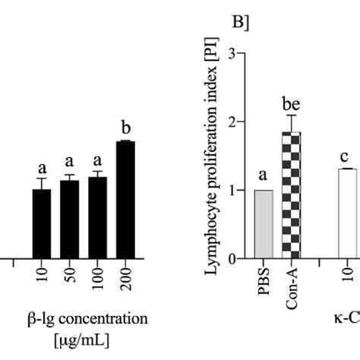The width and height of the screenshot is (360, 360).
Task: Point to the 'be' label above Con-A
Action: point(291,100)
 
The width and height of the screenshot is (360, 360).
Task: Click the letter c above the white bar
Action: point(346,156)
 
